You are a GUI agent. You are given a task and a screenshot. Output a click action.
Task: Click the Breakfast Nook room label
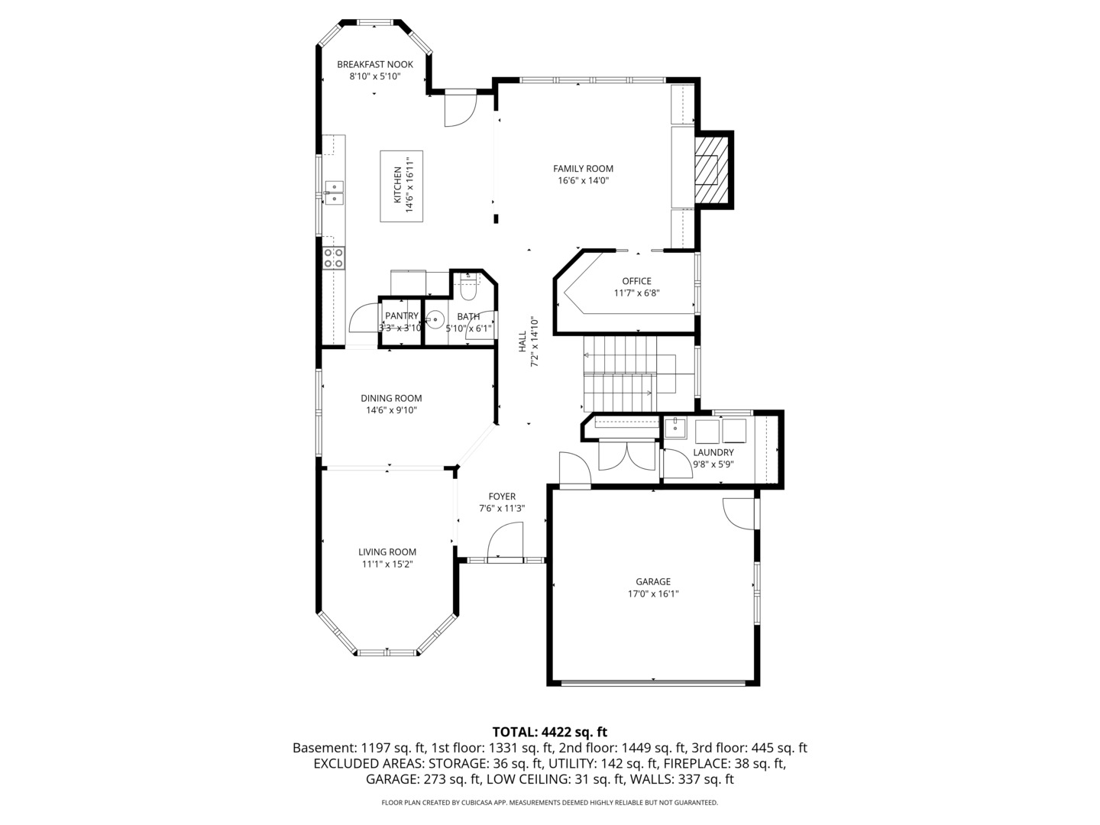[375, 65]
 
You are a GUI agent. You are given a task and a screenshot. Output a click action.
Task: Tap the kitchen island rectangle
[401, 186]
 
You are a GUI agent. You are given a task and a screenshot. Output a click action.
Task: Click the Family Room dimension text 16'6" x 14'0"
[584, 181]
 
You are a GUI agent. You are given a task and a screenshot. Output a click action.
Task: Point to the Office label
[636, 281]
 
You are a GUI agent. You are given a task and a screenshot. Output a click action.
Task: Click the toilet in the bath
[468, 289]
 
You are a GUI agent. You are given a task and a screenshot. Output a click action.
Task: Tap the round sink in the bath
[435, 319]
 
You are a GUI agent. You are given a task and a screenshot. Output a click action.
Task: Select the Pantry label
[401, 315]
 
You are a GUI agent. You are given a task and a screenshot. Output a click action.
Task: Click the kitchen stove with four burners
[333, 258]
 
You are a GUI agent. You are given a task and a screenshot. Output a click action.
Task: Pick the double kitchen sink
[333, 192]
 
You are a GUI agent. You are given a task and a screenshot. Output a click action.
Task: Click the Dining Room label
[391, 398]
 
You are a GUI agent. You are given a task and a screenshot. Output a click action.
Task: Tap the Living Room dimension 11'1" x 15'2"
[387, 564]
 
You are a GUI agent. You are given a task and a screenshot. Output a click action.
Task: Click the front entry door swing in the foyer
[505, 540]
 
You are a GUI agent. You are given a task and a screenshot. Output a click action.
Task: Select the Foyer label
[502, 497]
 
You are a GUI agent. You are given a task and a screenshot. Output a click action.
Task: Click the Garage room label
[653, 581]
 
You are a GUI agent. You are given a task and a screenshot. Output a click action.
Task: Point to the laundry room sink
[675, 429]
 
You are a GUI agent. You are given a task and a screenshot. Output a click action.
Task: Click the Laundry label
[713, 452]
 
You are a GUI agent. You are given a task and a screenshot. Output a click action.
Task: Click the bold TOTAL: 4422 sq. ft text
[550, 732]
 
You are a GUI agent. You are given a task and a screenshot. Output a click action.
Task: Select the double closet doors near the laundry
[627, 455]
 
